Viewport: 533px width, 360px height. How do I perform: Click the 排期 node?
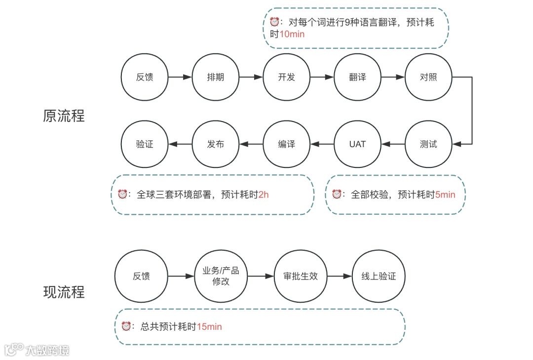216,77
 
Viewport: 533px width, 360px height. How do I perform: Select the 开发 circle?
287,77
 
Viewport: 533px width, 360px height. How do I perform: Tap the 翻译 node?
358,77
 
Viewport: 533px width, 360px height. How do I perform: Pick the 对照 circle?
428,77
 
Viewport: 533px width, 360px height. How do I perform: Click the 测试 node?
428,144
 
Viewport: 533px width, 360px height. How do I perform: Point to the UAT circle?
358,144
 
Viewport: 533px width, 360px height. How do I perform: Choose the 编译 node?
287,144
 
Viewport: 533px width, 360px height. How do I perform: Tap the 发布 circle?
216,144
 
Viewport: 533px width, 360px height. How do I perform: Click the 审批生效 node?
301,276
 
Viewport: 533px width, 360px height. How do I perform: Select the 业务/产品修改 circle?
221,276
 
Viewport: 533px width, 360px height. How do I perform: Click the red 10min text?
292,34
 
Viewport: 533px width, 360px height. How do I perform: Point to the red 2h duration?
264,195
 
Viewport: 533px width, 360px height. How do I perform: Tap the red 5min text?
445,195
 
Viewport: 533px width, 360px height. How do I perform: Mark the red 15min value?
210,326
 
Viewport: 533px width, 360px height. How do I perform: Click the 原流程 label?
64,116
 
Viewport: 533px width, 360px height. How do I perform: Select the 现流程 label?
64,292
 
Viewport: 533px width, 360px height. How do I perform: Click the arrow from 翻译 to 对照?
393,77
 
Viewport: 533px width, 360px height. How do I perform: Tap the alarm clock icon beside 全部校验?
337,194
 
